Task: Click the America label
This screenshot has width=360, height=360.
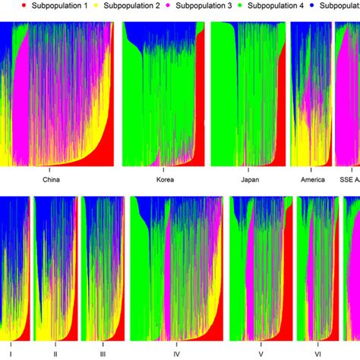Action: [311, 181]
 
